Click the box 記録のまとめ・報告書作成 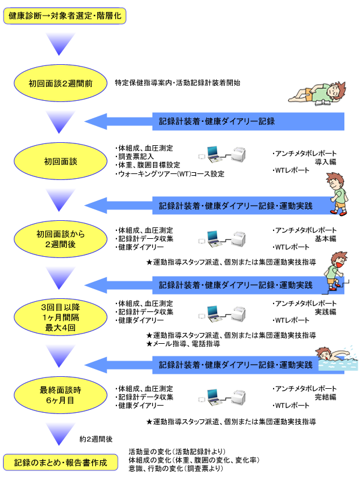coord(62,462)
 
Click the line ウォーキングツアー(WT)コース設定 coord(169,174)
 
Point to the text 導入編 coord(325,161)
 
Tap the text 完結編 coord(325,397)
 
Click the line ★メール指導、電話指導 coord(183,344)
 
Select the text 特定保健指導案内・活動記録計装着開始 coord(178,83)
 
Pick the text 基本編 coord(325,239)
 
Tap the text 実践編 coord(325,312)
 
